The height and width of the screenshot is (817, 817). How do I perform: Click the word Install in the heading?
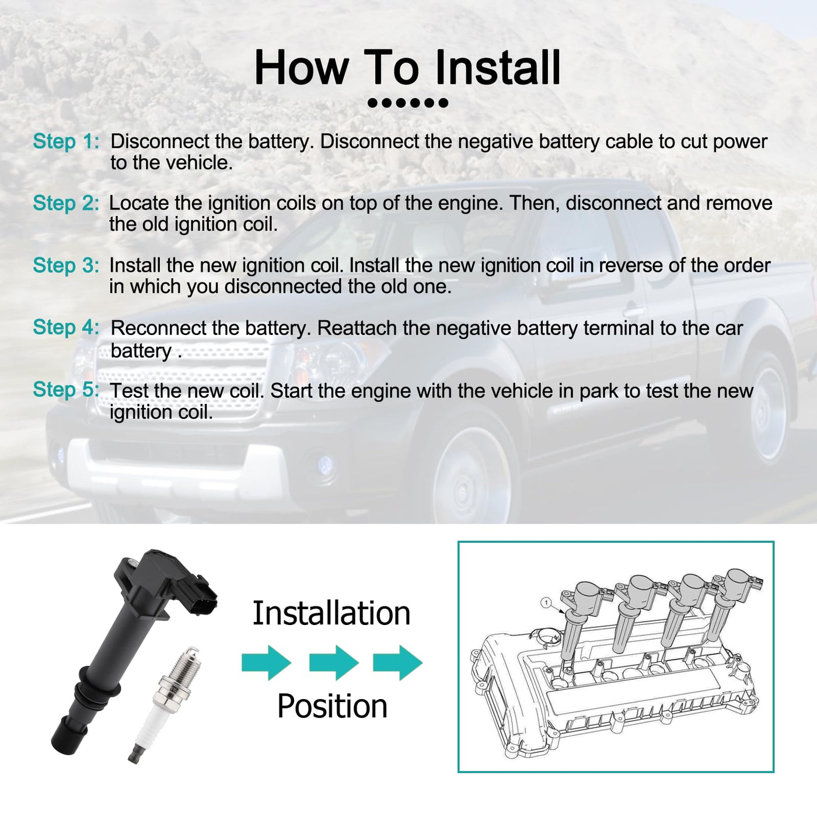coord(498,68)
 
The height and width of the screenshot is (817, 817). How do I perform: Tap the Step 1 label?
coord(66,141)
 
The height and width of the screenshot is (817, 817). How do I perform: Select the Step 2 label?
coord(66,203)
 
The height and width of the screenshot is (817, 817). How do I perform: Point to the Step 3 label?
coord(66,266)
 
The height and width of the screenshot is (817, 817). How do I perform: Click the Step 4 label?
coord(66,327)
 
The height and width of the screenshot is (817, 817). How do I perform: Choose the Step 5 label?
coord(66,389)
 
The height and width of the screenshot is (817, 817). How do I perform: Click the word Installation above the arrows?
coord(331,613)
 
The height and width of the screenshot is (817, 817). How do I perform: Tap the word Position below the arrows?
coord(333,707)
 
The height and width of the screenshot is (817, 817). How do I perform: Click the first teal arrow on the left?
coord(266,663)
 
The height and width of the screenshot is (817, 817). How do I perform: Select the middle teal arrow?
coord(334,663)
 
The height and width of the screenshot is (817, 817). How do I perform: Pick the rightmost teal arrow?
coord(397,663)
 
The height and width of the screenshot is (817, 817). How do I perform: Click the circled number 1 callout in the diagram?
coord(546,602)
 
